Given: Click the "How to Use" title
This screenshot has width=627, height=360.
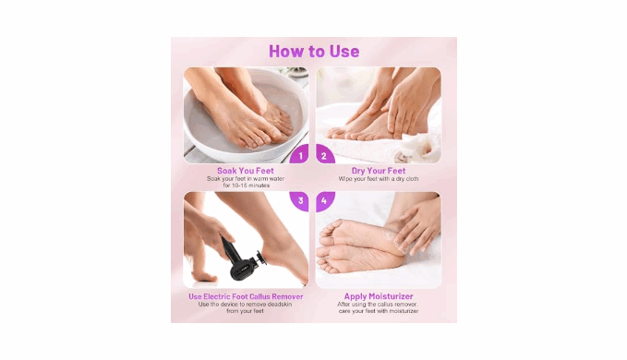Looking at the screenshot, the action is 314,51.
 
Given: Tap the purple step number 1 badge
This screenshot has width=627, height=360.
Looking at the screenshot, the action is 299,155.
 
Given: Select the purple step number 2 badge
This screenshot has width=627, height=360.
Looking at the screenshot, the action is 325,155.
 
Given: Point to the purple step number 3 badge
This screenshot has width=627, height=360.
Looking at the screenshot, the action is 299,201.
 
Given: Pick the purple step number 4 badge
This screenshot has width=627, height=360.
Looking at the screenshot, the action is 325,201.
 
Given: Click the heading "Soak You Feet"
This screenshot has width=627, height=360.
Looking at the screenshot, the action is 246,171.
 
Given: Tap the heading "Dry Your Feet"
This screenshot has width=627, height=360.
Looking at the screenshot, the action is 379,171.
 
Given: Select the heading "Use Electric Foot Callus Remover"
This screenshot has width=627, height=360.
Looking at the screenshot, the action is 246,296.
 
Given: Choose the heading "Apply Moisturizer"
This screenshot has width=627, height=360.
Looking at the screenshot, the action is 379,296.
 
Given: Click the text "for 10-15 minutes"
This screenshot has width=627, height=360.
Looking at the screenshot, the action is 247,186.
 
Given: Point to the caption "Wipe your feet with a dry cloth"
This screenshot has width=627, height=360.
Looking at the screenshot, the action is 379,178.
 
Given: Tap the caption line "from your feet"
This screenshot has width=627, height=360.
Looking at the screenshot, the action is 245,311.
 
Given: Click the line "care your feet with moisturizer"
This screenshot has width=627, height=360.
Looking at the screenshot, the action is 379,311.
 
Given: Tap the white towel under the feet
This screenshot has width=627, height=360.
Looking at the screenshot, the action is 384,149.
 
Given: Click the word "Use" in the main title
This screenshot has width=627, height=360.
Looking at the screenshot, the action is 344,51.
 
